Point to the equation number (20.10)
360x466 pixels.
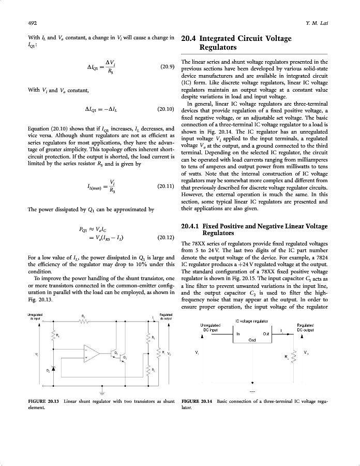tap(163, 109)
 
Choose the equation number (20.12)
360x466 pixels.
tap(163, 238)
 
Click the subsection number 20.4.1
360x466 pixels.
tap(192, 227)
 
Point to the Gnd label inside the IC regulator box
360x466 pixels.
tap(252, 340)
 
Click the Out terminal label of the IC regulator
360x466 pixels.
tap(266, 334)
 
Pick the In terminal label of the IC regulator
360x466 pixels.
tap(238, 334)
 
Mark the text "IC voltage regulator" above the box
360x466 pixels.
tap(252, 321)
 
